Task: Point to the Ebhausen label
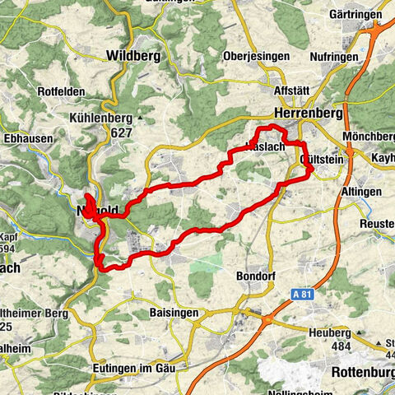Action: [x=27, y=138]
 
